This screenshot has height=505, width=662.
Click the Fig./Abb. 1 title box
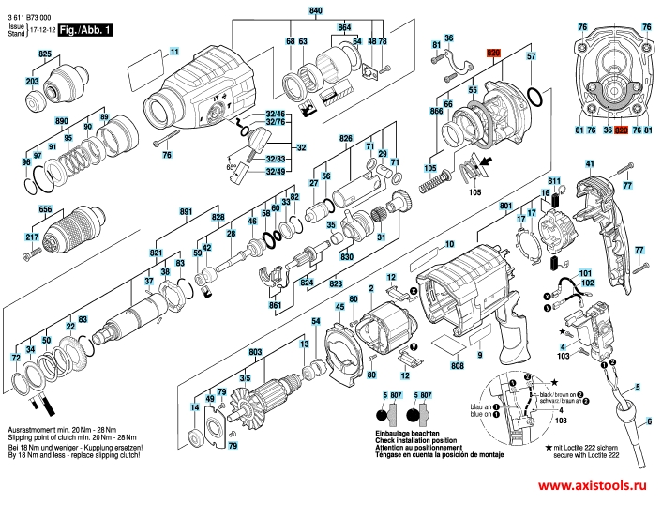[x=84, y=31]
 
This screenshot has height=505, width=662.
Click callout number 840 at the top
[x=315, y=8]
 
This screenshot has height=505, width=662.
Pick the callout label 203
[x=32, y=83]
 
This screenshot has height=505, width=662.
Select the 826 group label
[x=345, y=139]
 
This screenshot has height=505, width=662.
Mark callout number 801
[x=506, y=205]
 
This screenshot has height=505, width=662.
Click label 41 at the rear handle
[x=591, y=164]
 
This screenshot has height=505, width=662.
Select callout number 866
[x=436, y=112]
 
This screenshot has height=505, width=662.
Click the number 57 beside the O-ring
[x=532, y=57]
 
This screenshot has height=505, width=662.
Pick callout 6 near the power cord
[x=646, y=422]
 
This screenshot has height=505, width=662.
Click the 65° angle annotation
[x=231, y=165]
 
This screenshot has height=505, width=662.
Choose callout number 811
[x=553, y=180]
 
